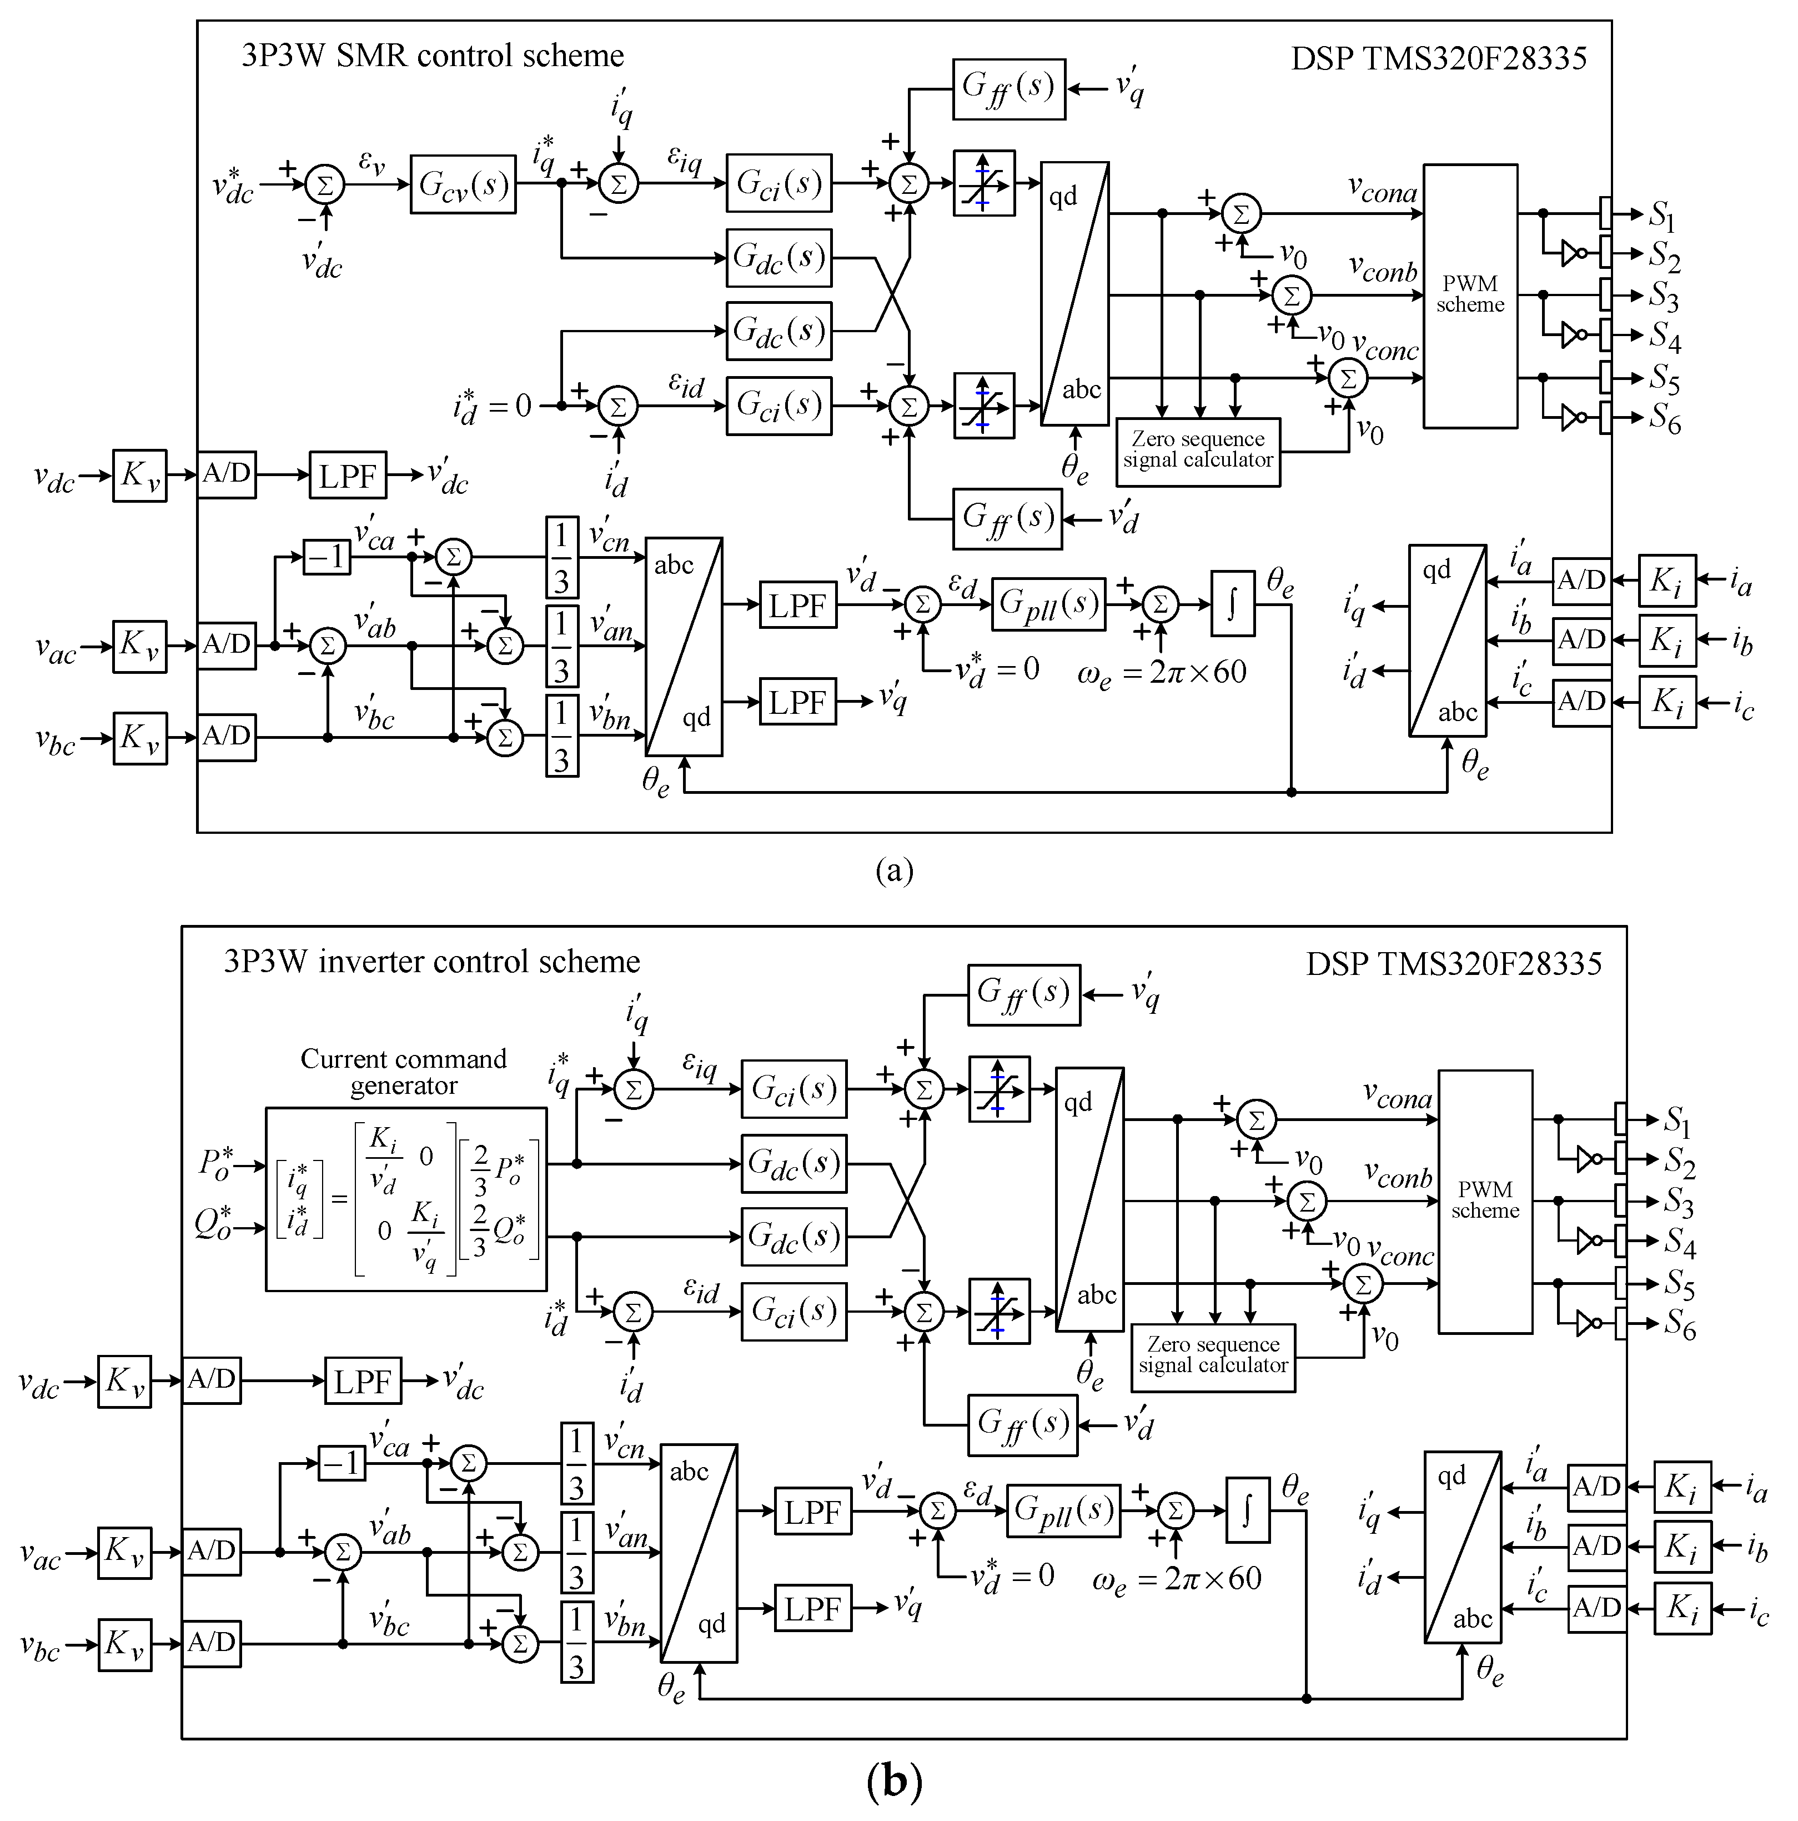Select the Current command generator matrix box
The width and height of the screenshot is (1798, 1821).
coord(406,1199)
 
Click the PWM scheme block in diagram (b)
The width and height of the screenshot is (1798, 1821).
coord(1484,1202)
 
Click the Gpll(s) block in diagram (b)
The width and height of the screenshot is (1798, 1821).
coord(1063,1511)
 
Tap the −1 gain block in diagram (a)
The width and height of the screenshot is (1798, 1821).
coord(326,557)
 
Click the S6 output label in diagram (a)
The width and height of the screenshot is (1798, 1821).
coord(1664,419)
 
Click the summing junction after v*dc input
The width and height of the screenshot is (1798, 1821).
coord(325,185)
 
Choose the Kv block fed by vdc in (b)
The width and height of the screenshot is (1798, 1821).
coord(124,1381)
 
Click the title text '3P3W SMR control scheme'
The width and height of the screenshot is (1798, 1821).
coord(433,56)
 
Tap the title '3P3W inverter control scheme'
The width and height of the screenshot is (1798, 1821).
coord(431,962)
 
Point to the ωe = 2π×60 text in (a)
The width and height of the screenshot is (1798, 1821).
coord(1161,673)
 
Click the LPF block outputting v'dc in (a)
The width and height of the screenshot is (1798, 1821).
coord(348,476)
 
